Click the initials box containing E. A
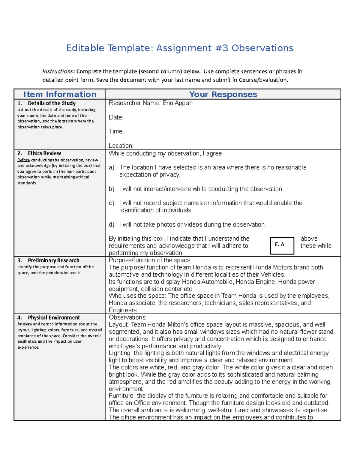coord(282,246)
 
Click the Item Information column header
coord(60,94)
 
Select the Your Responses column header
coord(223,94)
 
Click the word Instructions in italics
coord(57,71)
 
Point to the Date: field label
coord(116,117)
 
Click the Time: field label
coord(116,131)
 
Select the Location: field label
coord(121,146)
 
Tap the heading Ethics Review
coord(44,153)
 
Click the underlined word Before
coord(23,160)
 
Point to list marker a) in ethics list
coord(112,167)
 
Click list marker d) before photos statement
coord(112,224)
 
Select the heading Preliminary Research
coord(53,260)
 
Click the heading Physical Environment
coord(54,317)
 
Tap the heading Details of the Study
coord(52,103)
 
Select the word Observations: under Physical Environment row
coord(127,317)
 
